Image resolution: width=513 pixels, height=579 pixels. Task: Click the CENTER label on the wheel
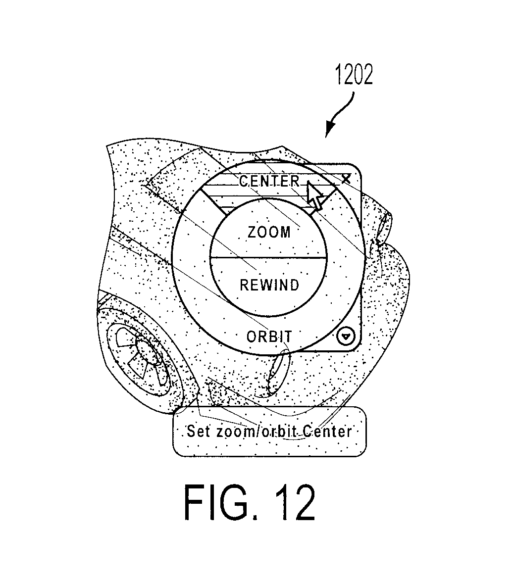[x=269, y=181]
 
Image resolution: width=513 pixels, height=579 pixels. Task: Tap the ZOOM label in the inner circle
[x=269, y=232]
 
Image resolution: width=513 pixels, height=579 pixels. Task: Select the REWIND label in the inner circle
[x=269, y=285]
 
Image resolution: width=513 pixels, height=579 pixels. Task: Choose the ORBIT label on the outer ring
[x=269, y=337]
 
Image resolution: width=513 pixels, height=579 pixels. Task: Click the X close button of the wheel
[x=346, y=179]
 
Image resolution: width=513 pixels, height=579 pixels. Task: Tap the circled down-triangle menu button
[x=346, y=337]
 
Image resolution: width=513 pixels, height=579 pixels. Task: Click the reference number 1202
[x=354, y=75]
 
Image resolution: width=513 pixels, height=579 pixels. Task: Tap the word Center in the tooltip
[x=327, y=431]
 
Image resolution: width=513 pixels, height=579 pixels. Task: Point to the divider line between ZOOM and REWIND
[x=269, y=256]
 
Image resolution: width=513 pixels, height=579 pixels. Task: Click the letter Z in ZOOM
[x=252, y=232]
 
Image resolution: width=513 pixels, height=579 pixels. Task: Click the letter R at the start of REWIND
[x=245, y=285]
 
